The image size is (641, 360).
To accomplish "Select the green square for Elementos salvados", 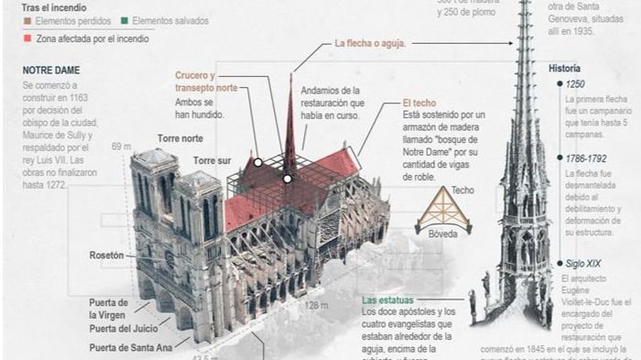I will tap(125, 20).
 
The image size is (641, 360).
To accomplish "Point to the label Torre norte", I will tap(179, 138).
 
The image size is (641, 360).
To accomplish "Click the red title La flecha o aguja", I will tap(370, 43).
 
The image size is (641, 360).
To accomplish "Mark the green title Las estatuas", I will tap(395, 300).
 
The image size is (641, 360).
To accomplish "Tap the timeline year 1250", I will tap(577, 84).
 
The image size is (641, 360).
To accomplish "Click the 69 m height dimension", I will tap(121, 146).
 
